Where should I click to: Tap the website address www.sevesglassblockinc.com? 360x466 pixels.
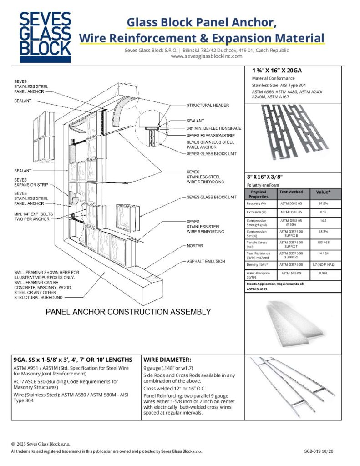coord(202,56)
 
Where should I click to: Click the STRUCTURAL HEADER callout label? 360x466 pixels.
coord(208,106)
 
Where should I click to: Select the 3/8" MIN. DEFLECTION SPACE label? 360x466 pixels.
coord(214,128)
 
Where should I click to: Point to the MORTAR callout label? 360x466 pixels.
coord(194,246)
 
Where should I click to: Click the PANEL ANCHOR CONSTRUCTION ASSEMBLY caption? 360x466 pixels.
coord(129,312)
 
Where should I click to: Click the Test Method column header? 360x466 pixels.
coord(291,192)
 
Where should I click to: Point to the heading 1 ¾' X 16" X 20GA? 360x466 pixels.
coord(277,71)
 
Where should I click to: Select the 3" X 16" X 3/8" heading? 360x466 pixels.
coord(271,177)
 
